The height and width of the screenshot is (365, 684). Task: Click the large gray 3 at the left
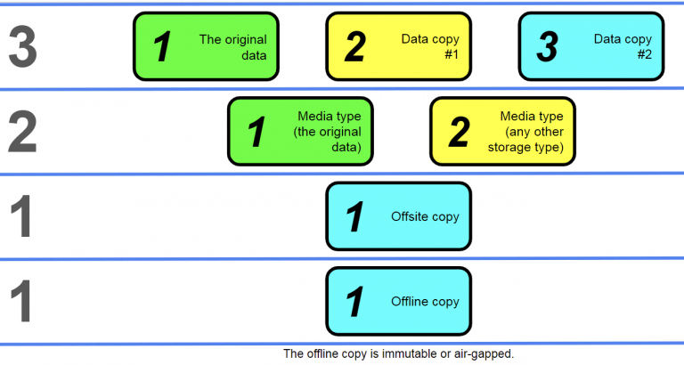pos(23,46)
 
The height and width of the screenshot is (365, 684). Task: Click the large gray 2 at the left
pos(23,132)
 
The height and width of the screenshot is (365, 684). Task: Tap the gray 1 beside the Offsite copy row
pos(23,216)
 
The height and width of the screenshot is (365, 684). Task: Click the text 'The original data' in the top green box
pos(232,47)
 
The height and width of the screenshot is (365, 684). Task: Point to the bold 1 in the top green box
pos(162,47)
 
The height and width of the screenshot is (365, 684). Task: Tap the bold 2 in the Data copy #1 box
pos(354,47)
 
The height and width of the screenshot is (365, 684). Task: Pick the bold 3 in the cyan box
pos(547,47)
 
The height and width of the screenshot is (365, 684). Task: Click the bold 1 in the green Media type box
pos(256,133)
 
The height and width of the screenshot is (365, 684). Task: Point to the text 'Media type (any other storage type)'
pos(532,132)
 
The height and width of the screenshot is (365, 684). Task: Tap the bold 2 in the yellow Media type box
pos(459,133)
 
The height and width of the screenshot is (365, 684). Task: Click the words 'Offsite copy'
pos(425,216)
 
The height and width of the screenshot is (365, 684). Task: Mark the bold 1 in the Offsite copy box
pos(354,217)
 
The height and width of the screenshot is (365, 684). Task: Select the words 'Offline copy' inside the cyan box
pos(425,302)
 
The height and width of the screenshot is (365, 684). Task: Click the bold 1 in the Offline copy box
pos(354,303)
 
